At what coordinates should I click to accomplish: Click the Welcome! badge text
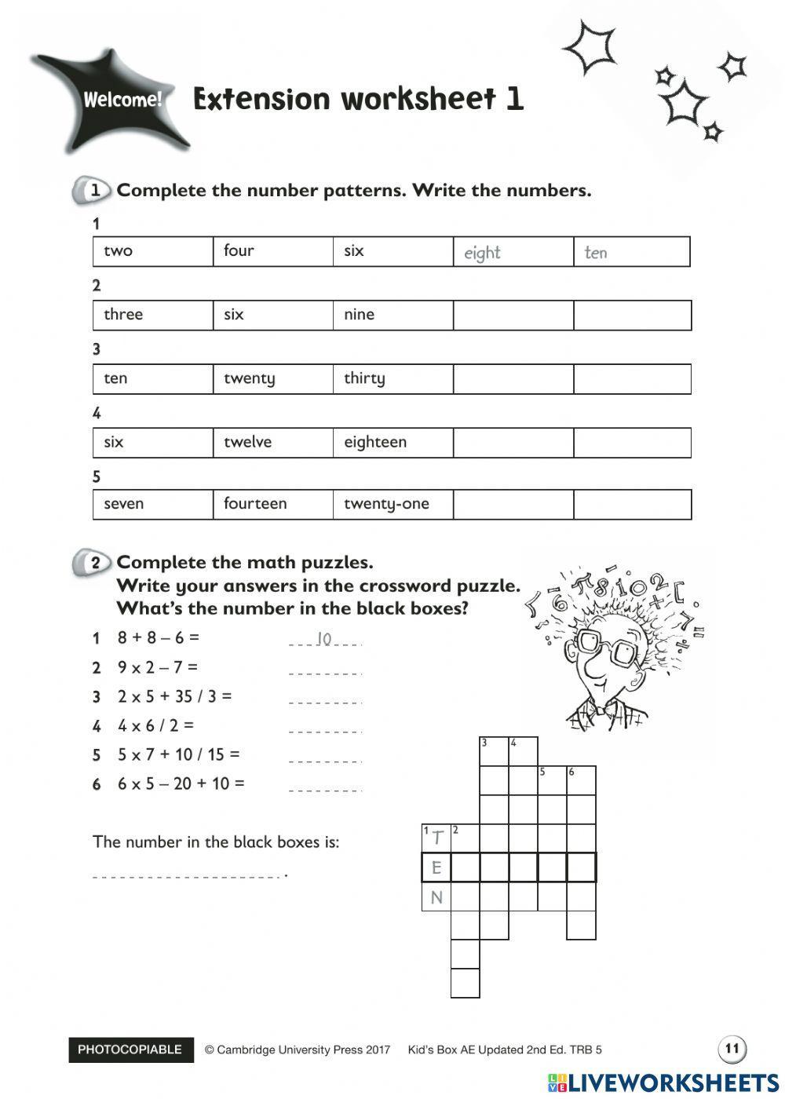click(x=122, y=100)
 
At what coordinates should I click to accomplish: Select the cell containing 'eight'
click(x=513, y=252)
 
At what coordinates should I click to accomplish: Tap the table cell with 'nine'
click(x=392, y=315)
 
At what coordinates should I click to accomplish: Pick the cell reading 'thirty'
click(x=392, y=378)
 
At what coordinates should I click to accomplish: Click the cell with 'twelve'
click(x=272, y=442)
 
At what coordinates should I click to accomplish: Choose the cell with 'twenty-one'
click(x=392, y=504)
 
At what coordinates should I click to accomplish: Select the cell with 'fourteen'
click(x=272, y=504)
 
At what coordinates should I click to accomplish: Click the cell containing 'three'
click(x=152, y=315)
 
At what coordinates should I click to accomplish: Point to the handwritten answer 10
click(x=324, y=639)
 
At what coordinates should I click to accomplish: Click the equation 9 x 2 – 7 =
click(x=158, y=667)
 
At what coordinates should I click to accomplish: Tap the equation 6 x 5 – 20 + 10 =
click(x=181, y=783)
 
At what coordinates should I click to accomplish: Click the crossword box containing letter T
click(x=436, y=838)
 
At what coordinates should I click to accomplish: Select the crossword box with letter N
click(x=436, y=896)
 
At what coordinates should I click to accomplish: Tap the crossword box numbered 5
click(x=552, y=780)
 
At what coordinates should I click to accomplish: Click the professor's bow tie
click(x=603, y=708)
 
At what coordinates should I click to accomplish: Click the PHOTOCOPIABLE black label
click(x=130, y=1050)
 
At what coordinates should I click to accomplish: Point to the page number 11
click(x=732, y=1048)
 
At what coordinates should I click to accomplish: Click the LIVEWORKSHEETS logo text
click(x=672, y=1083)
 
